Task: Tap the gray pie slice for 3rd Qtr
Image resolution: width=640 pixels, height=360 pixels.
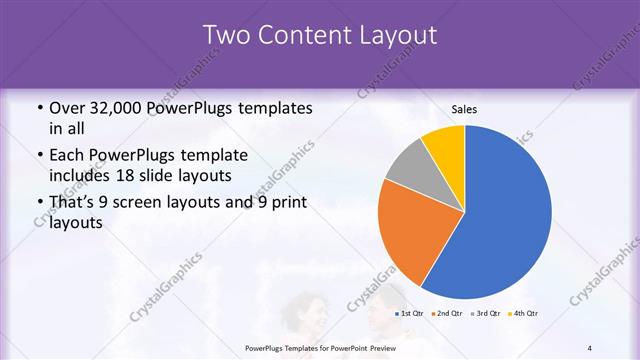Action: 411,166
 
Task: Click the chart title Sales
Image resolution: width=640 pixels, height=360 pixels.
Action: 464,109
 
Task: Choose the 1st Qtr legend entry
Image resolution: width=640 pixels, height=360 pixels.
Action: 411,314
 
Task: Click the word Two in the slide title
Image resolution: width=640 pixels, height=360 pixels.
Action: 226,36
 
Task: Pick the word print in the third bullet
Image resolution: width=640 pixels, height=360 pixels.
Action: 285,203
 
